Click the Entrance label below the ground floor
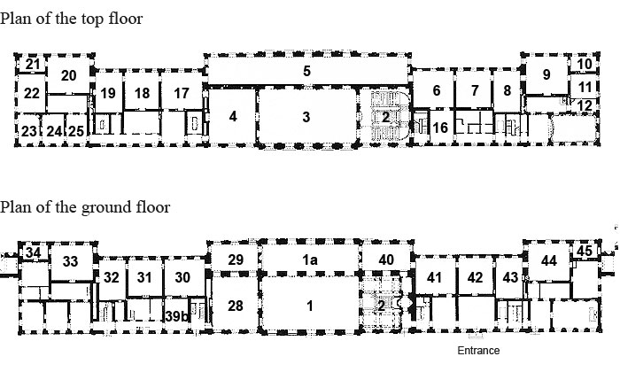477,350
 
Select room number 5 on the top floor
306,72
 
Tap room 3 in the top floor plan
306,117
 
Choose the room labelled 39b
176,317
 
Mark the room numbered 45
584,251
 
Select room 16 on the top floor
438,128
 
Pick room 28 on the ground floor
235,306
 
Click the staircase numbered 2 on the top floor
385,116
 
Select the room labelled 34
33,252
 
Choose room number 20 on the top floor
69,76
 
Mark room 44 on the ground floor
549,260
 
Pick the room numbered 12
584,106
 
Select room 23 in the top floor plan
28,131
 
